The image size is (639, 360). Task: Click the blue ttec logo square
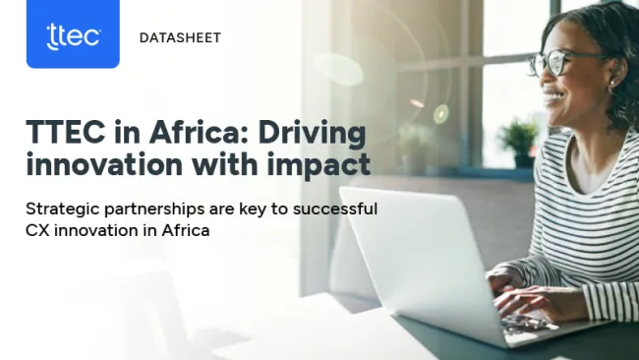pyautogui.click(x=73, y=34)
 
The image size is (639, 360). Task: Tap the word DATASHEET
pyautogui.click(x=180, y=37)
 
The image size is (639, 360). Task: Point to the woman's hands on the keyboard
pyautogui.click(x=526, y=300)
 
